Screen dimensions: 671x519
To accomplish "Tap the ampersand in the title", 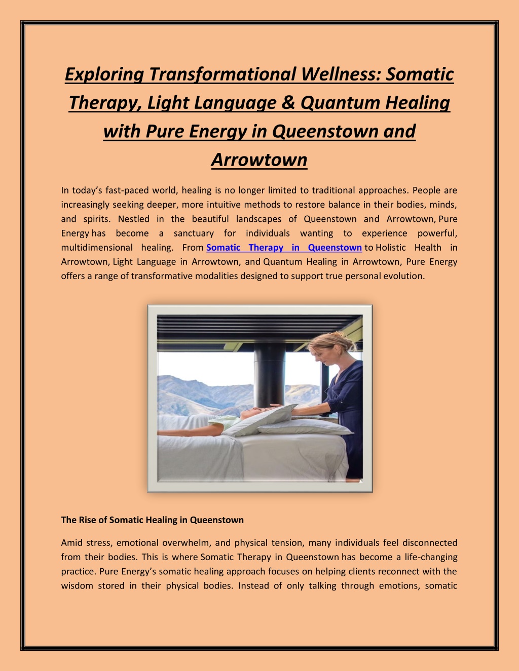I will click(288, 103).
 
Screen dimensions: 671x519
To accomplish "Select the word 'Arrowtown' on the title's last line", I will click(259, 160).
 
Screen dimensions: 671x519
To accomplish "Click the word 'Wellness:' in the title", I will click(341, 74).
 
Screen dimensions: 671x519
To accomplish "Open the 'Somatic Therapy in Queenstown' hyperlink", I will click(284, 248).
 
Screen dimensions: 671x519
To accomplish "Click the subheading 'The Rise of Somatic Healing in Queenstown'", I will click(152, 520).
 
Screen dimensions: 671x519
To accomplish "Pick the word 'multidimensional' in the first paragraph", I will click(97, 248).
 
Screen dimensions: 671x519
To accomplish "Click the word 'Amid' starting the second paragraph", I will click(71, 543).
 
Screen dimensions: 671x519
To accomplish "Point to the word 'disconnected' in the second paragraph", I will click(430, 543).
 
